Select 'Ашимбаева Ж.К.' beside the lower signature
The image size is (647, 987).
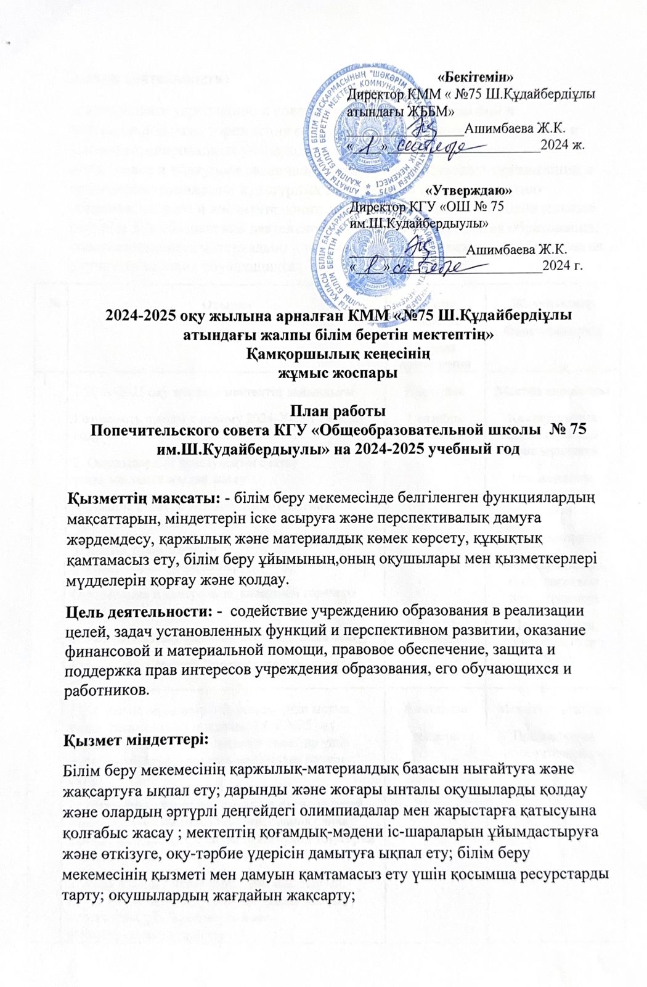(x=516, y=249)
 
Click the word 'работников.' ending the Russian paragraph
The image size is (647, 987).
(x=106, y=690)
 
